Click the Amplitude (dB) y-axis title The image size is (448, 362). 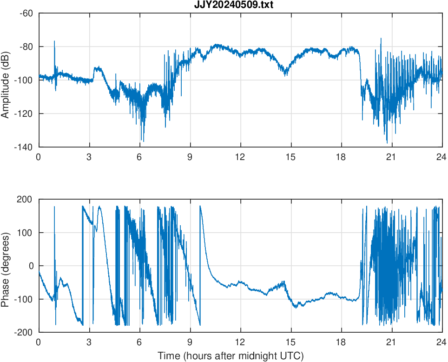6,80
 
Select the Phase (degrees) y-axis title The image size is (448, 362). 6,266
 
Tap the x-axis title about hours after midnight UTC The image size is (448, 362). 231,356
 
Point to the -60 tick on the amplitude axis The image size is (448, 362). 26,13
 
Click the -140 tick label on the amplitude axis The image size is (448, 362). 24,147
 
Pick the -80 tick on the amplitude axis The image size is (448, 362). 26,47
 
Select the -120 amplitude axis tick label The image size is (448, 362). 24,114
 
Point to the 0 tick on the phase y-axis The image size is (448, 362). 31,266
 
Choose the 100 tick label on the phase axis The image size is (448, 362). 26,233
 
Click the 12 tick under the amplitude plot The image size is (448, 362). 240,157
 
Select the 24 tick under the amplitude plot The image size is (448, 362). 441,157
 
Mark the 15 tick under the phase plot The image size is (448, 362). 290,342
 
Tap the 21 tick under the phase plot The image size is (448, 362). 391,342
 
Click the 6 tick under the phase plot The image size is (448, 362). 139,342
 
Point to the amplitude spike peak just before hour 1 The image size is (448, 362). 54,41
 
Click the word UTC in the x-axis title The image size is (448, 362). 293,356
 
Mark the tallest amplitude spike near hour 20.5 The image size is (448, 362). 381,39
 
